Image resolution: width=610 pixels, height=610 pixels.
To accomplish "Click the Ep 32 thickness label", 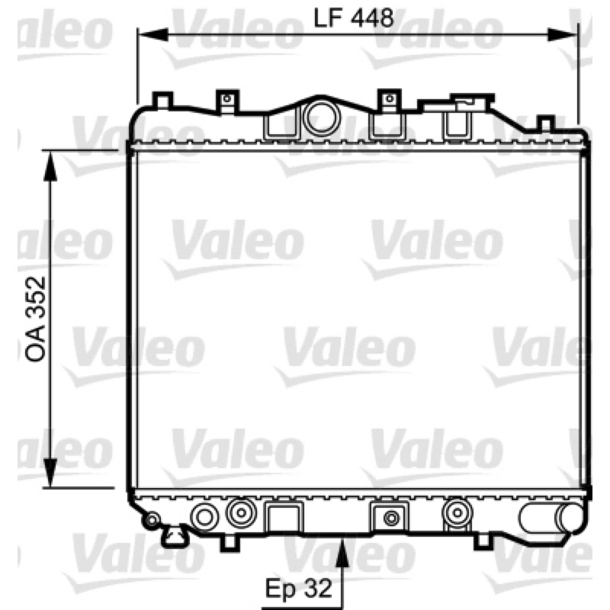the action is click(x=299, y=588).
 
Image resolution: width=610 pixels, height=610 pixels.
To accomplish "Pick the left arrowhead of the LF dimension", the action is click(x=153, y=35).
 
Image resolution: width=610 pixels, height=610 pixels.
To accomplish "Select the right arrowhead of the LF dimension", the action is click(x=562, y=35).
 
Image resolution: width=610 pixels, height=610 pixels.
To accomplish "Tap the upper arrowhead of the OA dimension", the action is click(x=50, y=165).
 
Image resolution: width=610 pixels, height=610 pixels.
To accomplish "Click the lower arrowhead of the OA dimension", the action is click(x=50, y=472).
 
